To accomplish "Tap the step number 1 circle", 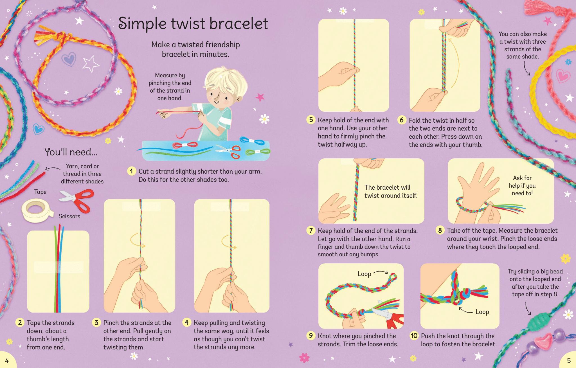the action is (x=131, y=171).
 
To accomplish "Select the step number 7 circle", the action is (x=311, y=231).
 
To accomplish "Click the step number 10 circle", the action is (x=414, y=336).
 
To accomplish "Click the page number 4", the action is (x=7, y=360).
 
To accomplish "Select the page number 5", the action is (x=569, y=360).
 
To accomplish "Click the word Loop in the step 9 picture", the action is (x=364, y=274).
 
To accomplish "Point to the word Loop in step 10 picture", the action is (x=482, y=312).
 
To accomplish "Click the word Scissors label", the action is (x=69, y=216).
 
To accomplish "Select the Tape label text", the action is (x=40, y=192).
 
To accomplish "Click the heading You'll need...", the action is (x=71, y=152).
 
